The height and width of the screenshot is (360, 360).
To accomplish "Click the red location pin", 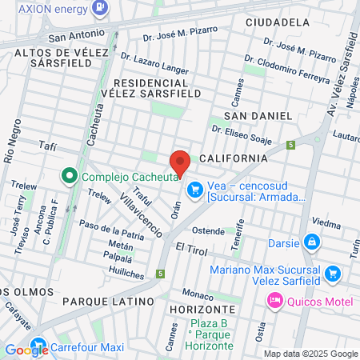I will pyautogui.click(x=180, y=161).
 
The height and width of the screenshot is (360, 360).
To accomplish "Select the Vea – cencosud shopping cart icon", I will pyautogui.click(x=194, y=190).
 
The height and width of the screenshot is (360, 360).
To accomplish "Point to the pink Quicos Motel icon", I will pyautogui.click(x=274, y=300).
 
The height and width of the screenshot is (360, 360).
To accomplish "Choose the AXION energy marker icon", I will pyautogui.click(x=101, y=8).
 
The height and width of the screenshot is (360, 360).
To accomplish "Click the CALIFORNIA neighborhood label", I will pyautogui.click(x=234, y=158).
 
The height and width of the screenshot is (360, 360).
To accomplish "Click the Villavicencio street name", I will pyautogui.click(x=141, y=216).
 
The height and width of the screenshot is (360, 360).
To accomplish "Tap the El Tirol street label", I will pyautogui.click(x=191, y=250).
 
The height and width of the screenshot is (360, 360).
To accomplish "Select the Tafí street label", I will pyautogui.click(x=50, y=145).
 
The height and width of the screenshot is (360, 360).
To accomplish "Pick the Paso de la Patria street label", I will pyautogui.click(x=110, y=233).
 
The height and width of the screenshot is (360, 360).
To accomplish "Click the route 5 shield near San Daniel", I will pyautogui.click(x=292, y=145).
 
